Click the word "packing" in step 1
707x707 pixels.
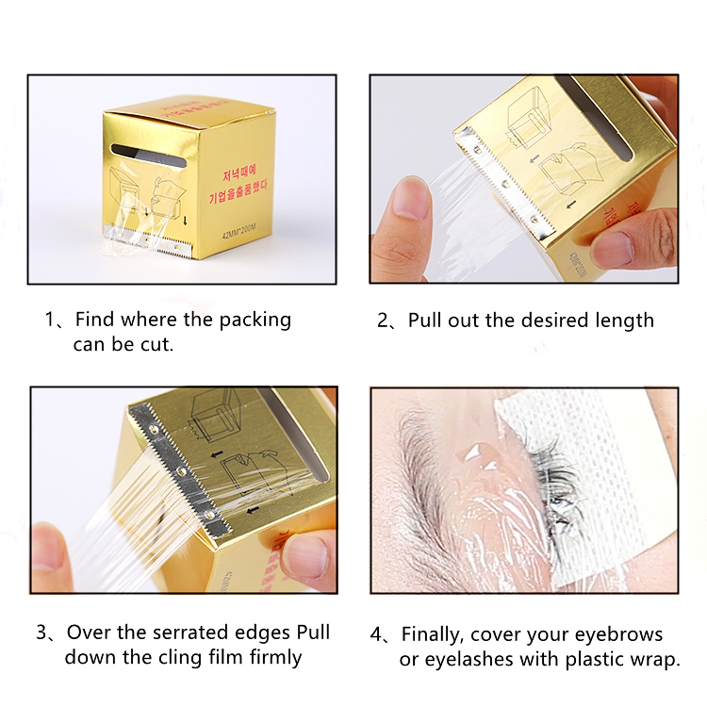tap(254, 321)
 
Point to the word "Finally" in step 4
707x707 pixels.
tap(437, 633)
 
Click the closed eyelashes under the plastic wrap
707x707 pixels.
tap(551, 481)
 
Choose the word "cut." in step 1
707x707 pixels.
tap(155, 345)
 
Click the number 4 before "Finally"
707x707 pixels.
tap(377, 633)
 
